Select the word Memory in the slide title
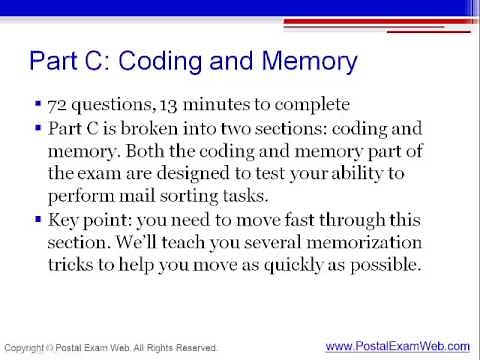click(x=306, y=62)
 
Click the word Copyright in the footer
click(x=25, y=348)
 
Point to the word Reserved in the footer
click(x=192, y=348)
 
